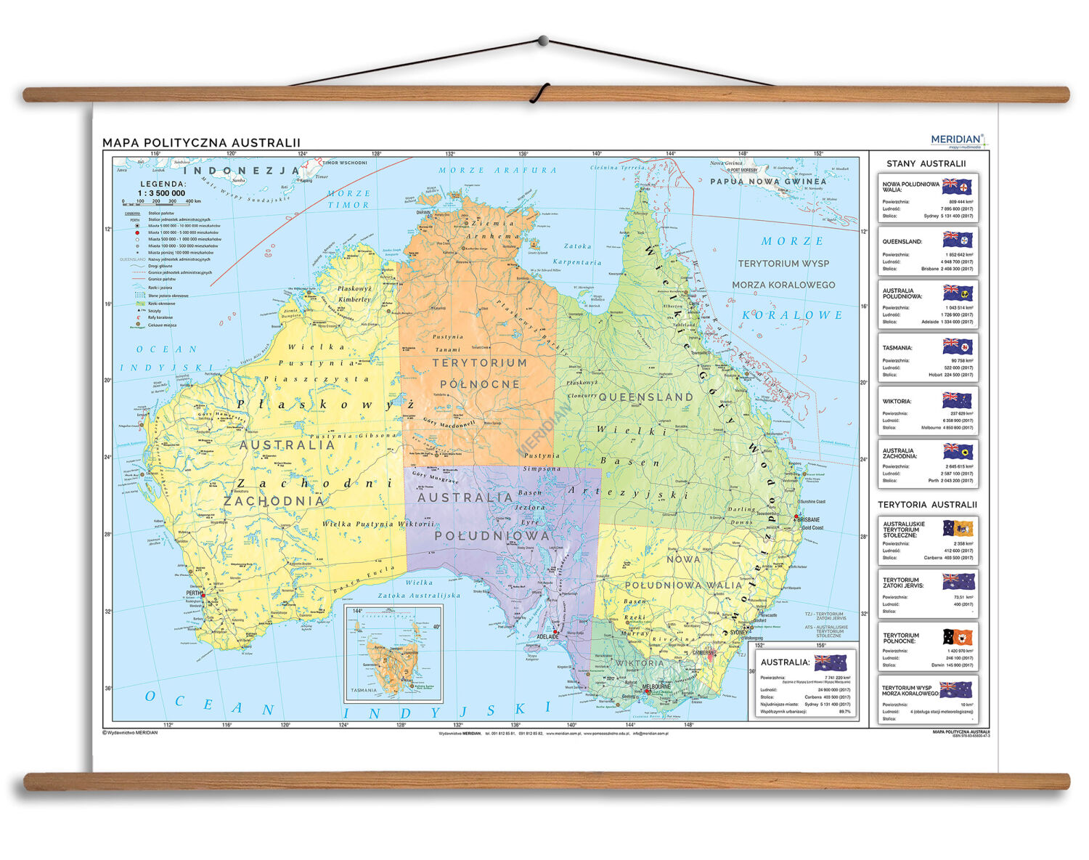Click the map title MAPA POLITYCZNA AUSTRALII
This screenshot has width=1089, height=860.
point(201,143)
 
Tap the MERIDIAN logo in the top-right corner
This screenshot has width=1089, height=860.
point(956,139)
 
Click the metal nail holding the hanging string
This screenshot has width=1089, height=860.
point(542,41)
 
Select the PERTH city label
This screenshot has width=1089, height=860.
point(192,593)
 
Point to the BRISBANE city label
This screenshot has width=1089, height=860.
point(809,520)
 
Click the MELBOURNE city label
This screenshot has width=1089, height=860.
point(657,686)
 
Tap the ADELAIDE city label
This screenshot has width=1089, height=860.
point(547,636)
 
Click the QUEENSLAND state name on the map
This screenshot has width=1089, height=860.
point(645,397)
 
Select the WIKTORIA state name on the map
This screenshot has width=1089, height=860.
point(640,663)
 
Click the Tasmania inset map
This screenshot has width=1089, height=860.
point(393,654)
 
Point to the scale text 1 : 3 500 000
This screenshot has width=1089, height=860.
point(161,193)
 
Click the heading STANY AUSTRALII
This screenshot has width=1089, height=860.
point(926,163)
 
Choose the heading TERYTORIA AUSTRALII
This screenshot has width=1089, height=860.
point(927,504)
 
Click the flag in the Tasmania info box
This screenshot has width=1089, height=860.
point(957,346)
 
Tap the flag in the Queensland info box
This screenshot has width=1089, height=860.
point(957,240)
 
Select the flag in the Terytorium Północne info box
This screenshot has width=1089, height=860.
point(957,637)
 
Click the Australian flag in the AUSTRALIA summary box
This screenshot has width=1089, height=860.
point(831,662)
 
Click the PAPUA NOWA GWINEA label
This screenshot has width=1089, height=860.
point(768,182)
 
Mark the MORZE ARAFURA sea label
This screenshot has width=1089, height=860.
point(497,170)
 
